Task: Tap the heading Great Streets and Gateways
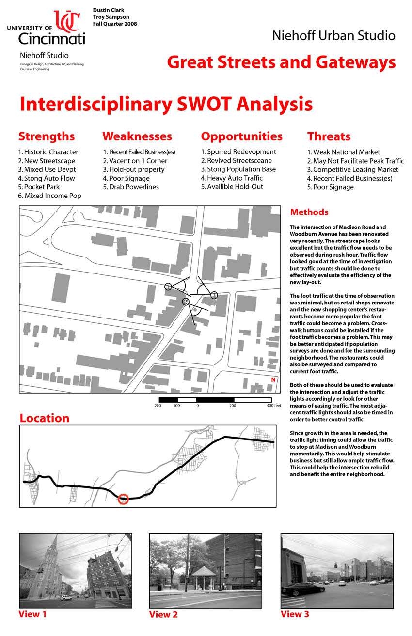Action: pos(281,62)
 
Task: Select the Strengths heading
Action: pos(47,136)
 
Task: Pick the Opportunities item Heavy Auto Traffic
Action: pos(232,178)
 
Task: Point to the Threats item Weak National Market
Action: pos(343,152)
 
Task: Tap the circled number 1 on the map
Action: pos(168,287)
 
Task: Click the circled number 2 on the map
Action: pos(185,302)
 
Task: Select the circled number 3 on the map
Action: pos(214,295)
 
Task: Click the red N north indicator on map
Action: pos(273,380)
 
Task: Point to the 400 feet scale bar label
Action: pos(274,405)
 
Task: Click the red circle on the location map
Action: pos(124,499)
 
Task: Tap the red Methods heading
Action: pos(309,212)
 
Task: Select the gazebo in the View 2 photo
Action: pos(203,575)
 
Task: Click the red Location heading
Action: pos(44,418)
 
